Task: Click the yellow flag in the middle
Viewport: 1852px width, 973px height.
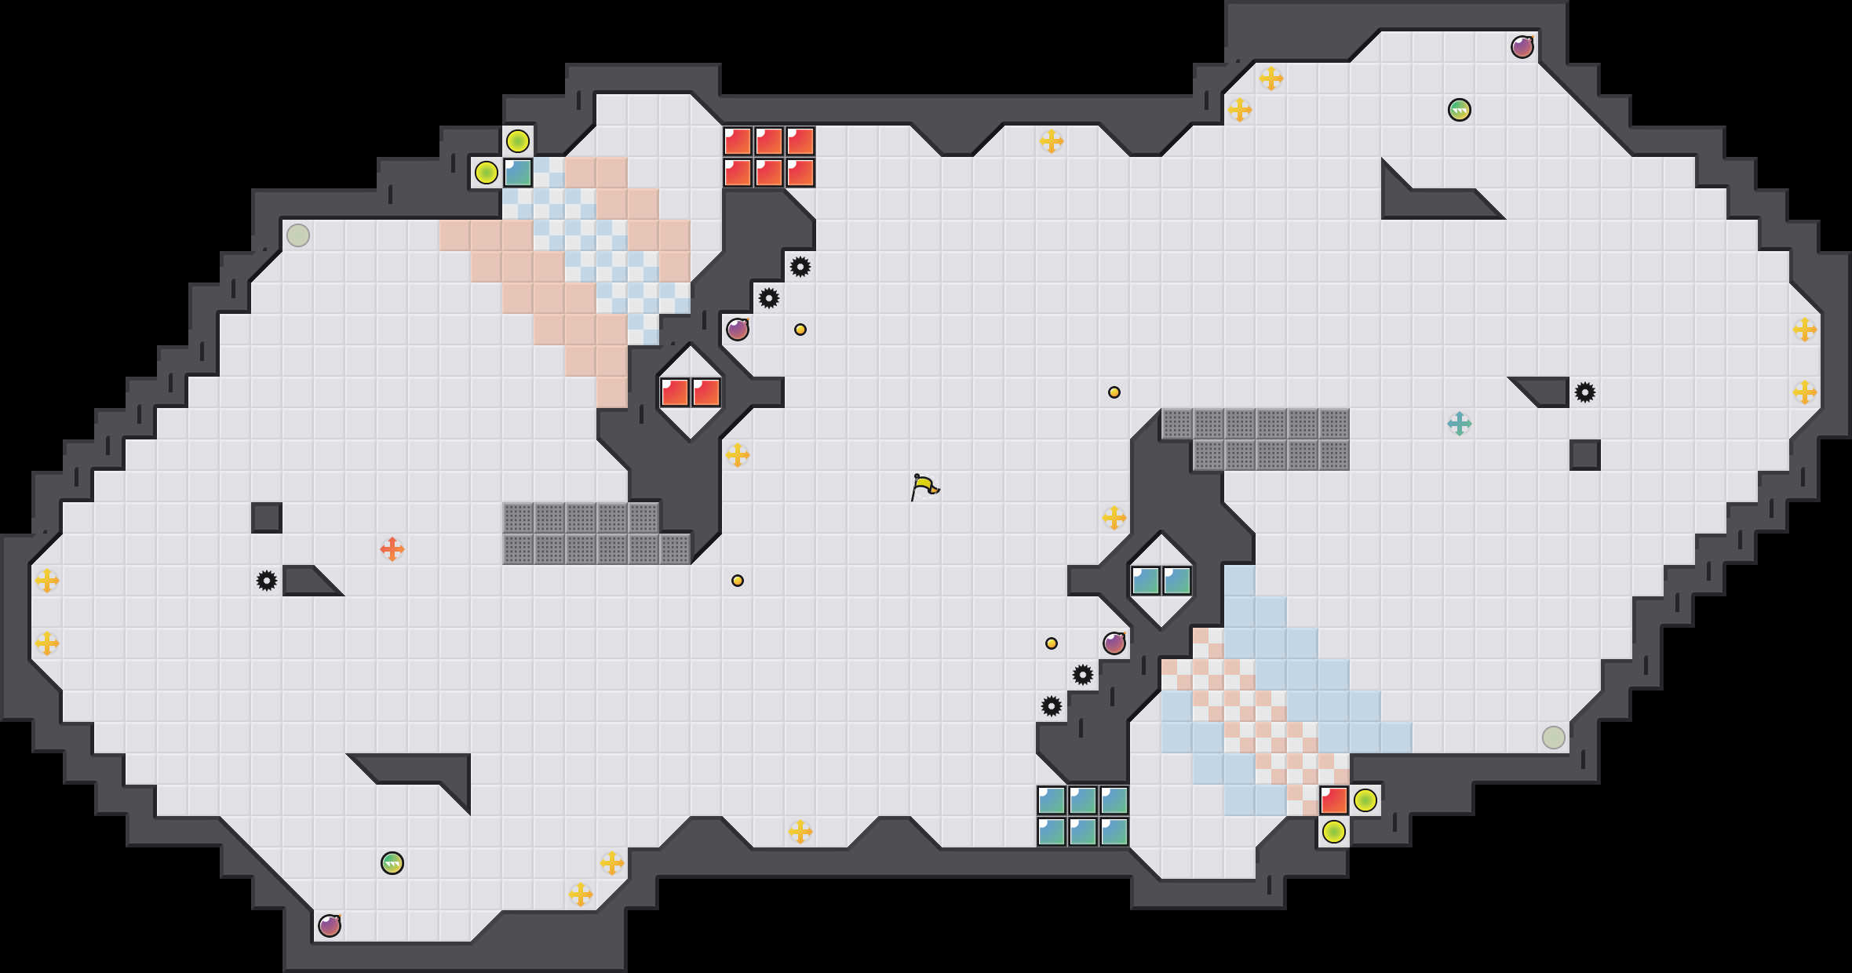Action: (924, 486)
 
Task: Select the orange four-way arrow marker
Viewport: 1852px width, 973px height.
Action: (392, 549)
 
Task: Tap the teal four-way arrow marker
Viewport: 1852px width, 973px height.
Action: (1460, 424)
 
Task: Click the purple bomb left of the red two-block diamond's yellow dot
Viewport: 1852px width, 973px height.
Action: (738, 330)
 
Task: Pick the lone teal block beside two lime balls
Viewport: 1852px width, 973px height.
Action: (518, 173)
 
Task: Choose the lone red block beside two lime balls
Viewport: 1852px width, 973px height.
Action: (1334, 800)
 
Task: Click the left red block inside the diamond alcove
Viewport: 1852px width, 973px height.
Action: (675, 392)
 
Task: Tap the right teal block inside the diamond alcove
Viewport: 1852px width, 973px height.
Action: (1177, 581)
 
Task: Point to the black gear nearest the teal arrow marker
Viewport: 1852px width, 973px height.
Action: (1585, 392)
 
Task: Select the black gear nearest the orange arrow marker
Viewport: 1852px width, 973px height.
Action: (267, 581)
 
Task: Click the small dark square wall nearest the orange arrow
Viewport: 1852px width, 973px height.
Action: (267, 518)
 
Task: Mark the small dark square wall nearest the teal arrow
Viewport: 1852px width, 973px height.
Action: (1585, 455)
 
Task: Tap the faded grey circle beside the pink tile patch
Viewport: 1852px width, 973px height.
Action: (298, 235)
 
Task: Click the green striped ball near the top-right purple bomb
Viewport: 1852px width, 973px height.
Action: (1460, 110)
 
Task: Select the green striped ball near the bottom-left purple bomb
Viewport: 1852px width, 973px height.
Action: (392, 863)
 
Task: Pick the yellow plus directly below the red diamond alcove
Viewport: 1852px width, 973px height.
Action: (738, 455)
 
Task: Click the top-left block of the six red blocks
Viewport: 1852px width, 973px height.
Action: (738, 141)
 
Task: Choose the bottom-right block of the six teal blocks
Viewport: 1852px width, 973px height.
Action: (1114, 832)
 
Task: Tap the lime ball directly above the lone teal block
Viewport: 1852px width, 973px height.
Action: (518, 141)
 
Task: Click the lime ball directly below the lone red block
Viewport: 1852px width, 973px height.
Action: (1334, 832)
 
